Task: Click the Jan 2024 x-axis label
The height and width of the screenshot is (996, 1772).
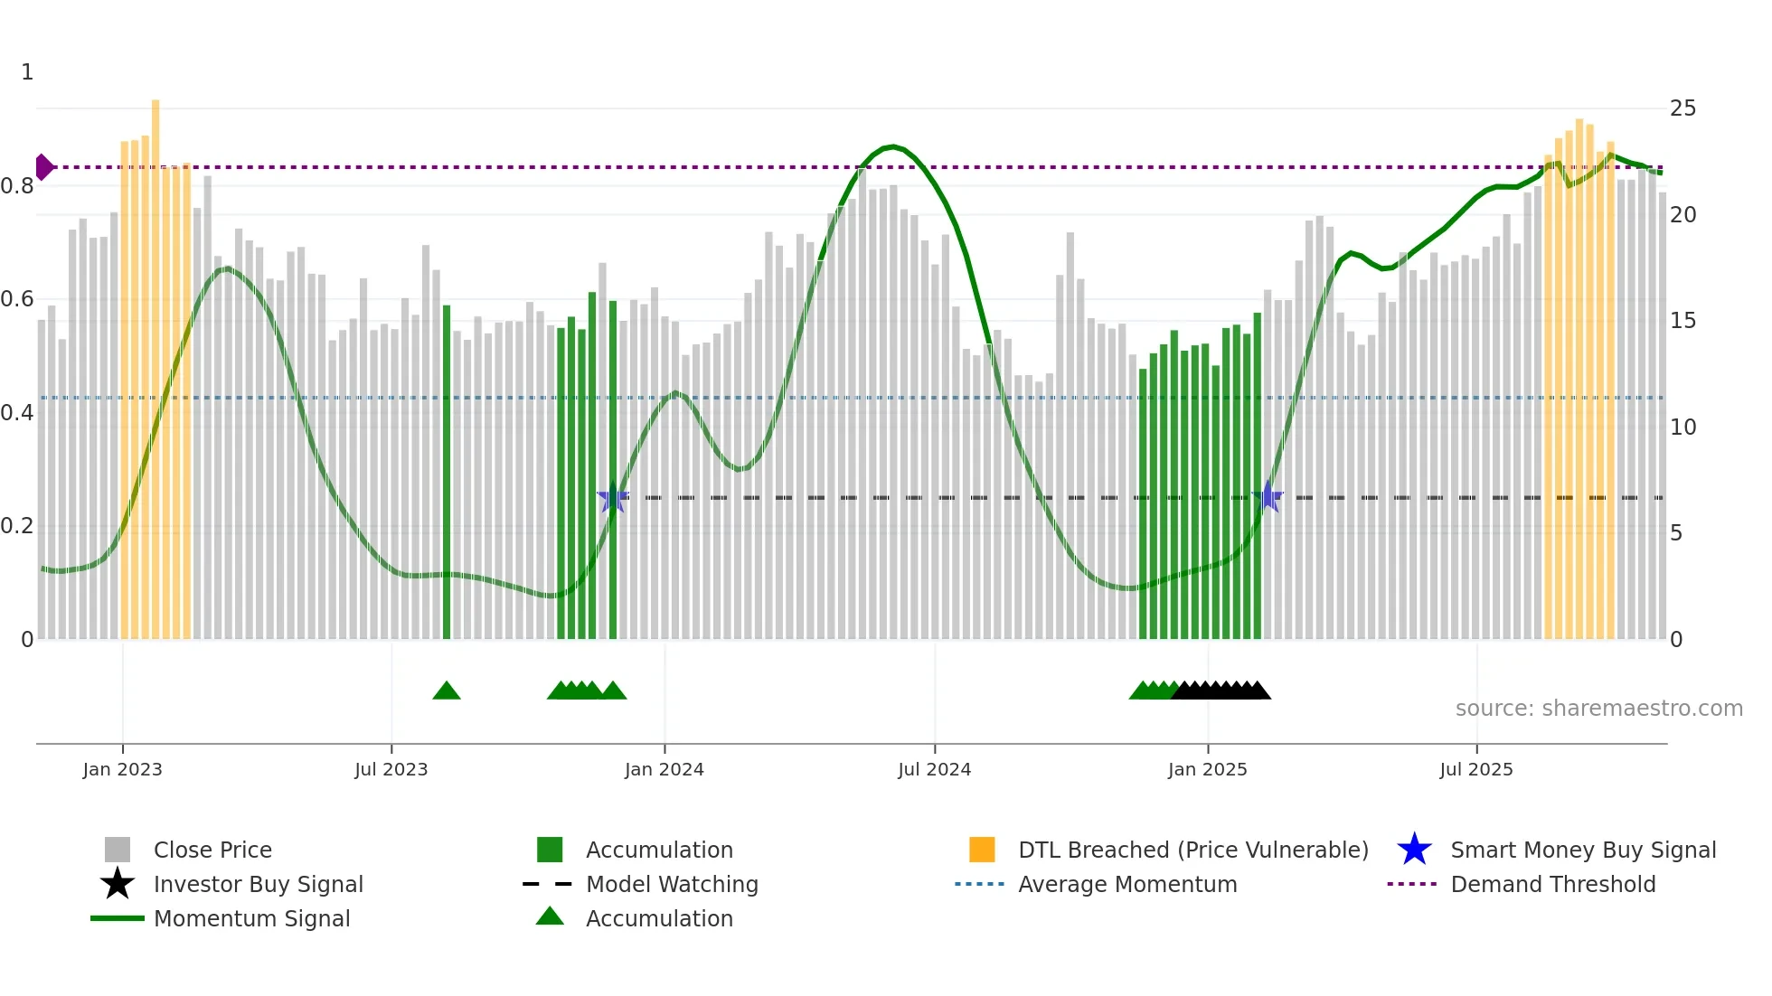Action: (664, 769)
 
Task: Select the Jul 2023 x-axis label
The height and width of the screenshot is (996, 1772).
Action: (391, 769)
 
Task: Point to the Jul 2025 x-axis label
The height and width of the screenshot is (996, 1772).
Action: (1475, 769)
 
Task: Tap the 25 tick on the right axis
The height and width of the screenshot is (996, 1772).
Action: (1682, 108)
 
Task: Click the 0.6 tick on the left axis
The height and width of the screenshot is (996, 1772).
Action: (18, 299)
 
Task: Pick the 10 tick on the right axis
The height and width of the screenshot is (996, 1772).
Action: (1682, 428)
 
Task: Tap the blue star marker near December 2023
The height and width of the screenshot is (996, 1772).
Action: (613, 497)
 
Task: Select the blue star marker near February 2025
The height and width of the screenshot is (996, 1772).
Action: (1268, 496)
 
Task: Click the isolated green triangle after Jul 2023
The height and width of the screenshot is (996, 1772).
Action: (447, 691)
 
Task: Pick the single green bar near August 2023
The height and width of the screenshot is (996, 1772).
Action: (447, 470)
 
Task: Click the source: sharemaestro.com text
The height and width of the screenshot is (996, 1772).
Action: (1598, 709)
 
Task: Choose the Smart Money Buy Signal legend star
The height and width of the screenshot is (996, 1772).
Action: (1414, 850)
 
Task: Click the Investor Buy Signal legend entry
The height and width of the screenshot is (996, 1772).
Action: (258, 884)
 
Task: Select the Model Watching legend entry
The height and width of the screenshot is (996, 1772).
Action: (671, 884)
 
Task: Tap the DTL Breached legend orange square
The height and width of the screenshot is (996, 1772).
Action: (982, 850)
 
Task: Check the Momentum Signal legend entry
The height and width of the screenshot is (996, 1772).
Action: (251, 918)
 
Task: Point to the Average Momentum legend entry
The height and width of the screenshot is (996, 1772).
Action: (1126, 884)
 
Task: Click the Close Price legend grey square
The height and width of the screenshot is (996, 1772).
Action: (118, 850)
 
